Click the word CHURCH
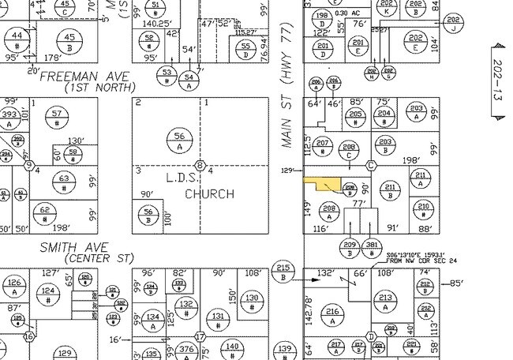(209, 193)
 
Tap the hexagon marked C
(370, 165)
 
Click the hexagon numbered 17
(201, 336)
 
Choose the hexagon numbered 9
(29, 166)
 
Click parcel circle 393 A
(9, 118)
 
